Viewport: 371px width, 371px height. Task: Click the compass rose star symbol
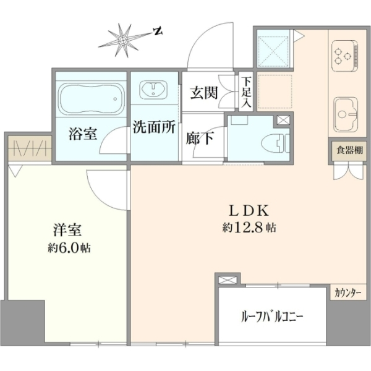click(122, 40)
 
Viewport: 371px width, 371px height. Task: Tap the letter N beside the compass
click(157, 31)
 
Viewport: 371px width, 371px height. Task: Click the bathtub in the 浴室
click(91, 99)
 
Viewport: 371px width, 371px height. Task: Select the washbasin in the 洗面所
click(153, 90)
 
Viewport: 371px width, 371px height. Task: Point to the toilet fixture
click(276, 143)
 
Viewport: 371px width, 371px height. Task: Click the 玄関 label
click(203, 93)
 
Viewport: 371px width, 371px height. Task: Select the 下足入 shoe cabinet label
click(246, 93)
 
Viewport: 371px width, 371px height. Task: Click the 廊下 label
click(200, 138)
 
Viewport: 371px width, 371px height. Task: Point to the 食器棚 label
click(349, 150)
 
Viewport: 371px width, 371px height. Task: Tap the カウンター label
click(348, 293)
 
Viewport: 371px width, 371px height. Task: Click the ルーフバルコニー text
click(272, 317)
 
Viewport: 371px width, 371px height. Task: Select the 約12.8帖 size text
click(249, 228)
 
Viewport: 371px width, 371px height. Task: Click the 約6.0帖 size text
click(69, 249)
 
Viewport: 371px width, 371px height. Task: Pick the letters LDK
click(249, 210)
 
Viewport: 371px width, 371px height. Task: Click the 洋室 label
click(67, 230)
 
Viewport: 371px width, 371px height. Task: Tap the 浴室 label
click(83, 134)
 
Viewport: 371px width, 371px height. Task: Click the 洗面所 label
click(154, 127)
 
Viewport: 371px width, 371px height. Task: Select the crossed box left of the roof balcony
click(228, 280)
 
